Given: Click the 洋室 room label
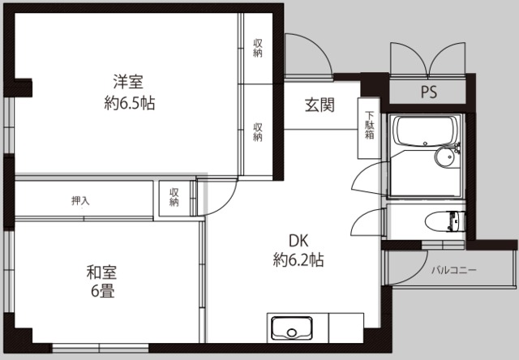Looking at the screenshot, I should [129, 82].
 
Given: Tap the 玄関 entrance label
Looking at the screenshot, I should [320, 105].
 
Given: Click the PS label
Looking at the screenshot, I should [428, 92].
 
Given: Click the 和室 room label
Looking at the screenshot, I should [101, 272].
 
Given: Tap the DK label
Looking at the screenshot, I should [299, 240].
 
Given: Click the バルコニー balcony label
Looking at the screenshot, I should [453, 269].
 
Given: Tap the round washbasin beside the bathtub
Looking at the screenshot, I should [444, 157].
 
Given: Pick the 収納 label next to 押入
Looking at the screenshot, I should [174, 197].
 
